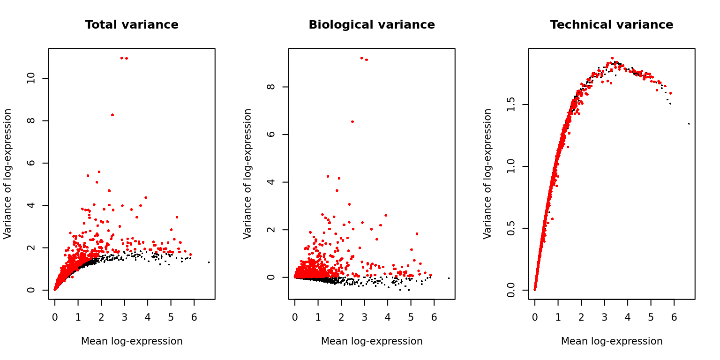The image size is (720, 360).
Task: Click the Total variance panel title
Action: pos(132,25)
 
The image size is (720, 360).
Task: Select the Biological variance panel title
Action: pos(372,25)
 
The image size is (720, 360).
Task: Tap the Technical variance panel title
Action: pos(612,25)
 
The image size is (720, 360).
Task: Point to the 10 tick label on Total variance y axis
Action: pos(31,78)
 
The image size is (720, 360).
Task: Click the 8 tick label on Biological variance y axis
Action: pos(271,87)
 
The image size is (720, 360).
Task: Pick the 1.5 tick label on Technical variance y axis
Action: pos(511,105)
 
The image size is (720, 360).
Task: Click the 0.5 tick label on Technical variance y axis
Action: pos(511,228)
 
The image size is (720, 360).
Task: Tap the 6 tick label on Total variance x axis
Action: pos(194,317)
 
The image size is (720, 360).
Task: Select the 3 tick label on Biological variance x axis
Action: pos(364,317)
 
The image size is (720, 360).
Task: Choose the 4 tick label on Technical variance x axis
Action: pos(628,317)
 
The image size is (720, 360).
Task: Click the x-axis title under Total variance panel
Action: pos(132,341)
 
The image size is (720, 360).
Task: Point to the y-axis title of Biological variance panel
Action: pos(248,174)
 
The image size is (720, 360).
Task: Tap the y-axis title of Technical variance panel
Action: pos(488,174)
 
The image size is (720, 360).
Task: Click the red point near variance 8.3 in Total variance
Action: pos(112,115)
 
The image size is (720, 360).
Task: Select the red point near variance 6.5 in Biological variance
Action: pos(352,121)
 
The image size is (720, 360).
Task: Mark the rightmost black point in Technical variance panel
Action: pos(689,124)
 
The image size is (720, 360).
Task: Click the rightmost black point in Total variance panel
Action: pos(209,262)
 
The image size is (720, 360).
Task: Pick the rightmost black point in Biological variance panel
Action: pos(449,278)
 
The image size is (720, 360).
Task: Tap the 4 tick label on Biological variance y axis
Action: pos(271,182)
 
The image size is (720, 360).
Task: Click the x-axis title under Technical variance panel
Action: pos(612,341)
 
